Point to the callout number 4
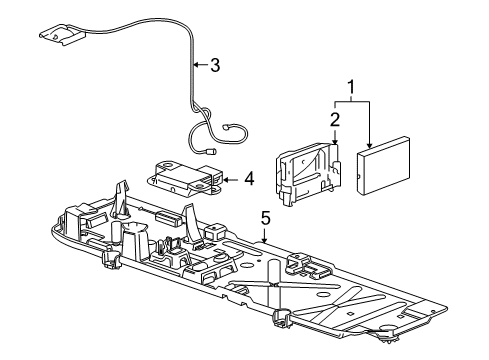coord(248,180)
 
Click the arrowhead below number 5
coord(264,241)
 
